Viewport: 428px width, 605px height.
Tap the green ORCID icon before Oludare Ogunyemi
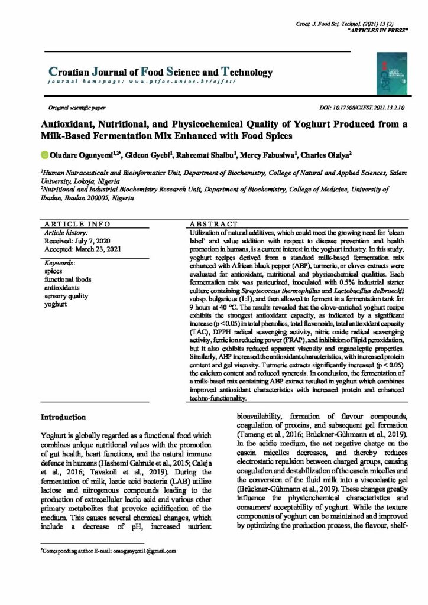coord(44,155)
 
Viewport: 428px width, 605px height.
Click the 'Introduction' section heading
coord(64,417)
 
